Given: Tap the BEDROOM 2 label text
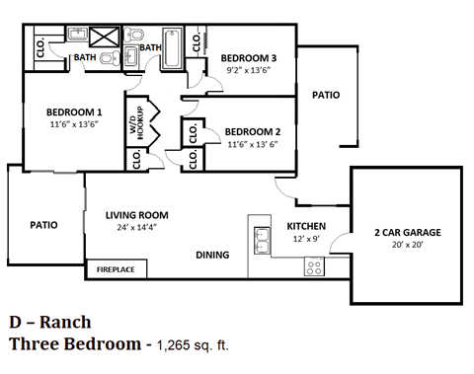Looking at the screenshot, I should point(254,131).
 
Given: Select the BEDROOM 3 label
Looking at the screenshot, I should point(248,56).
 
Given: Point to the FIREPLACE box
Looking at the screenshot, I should point(117,267).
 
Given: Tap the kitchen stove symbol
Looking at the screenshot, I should point(313,265).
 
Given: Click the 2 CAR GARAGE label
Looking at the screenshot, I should point(407,233).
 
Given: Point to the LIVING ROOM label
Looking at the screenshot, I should point(136,214).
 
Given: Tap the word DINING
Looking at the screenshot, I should point(212,255).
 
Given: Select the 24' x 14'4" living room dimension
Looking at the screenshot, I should point(137,227).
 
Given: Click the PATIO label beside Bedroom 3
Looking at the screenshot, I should point(326,96).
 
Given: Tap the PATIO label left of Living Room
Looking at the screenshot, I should point(42,225).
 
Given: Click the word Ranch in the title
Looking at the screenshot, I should point(66,322).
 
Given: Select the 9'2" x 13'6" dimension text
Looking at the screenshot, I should point(248,69).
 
